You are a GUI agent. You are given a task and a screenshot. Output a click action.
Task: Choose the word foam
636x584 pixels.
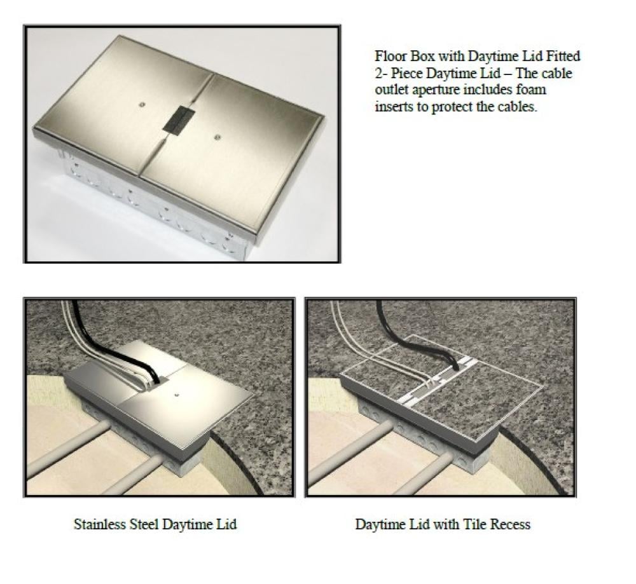point(532,90)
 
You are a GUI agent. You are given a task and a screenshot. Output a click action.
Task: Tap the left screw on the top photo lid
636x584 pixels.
point(142,105)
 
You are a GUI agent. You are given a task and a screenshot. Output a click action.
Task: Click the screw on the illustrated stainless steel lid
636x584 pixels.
point(176,393)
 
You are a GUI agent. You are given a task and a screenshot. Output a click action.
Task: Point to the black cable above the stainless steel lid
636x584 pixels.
point(114,344)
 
